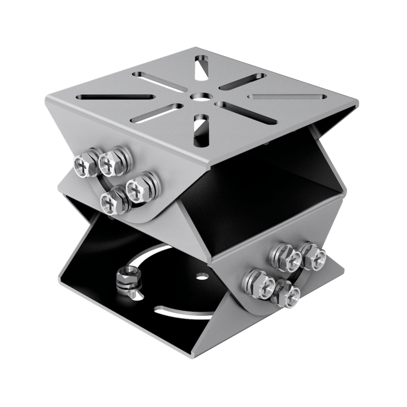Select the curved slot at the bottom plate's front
pyautogui.click(x=180, y=313)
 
